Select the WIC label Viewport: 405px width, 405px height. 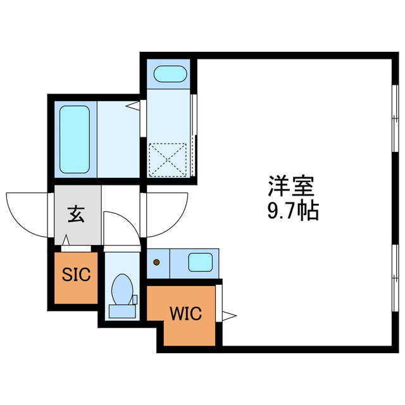click(185, 313)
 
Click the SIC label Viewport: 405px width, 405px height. click(76, 275)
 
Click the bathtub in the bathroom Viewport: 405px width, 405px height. click(75, 140)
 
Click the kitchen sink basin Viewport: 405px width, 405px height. click(201, 261)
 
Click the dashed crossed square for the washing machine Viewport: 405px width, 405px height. click(168, 159)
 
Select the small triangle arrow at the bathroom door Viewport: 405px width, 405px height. click(134, 106)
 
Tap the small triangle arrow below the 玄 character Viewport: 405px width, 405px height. click(66, 241)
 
